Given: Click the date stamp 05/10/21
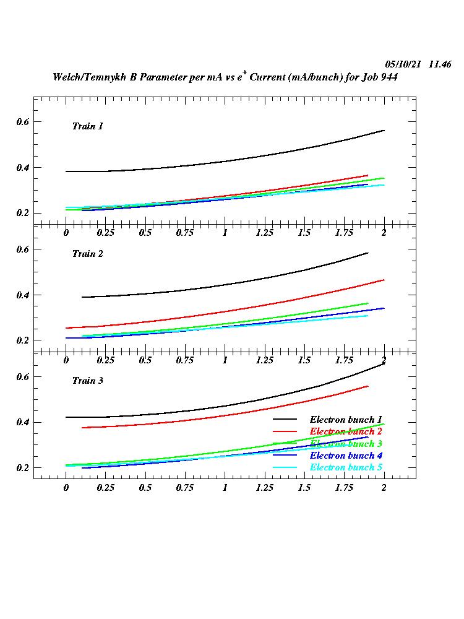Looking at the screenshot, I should click(403, 64).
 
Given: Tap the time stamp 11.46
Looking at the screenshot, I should click(440, 64).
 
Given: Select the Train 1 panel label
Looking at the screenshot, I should click(87, 126).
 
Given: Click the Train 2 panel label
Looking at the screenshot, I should click(87, 254).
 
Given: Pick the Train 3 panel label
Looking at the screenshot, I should click(87, 381).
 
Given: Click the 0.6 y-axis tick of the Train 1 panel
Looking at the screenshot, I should click(22, 121).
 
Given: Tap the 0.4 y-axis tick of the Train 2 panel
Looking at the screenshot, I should click(22, 295).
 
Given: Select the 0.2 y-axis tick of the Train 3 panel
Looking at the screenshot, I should click(22, 468).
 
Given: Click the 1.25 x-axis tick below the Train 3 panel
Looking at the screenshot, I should click(264, 487).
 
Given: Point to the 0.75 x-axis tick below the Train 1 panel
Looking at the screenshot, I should click(184, 233).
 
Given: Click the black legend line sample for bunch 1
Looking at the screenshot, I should click(286, 419).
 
